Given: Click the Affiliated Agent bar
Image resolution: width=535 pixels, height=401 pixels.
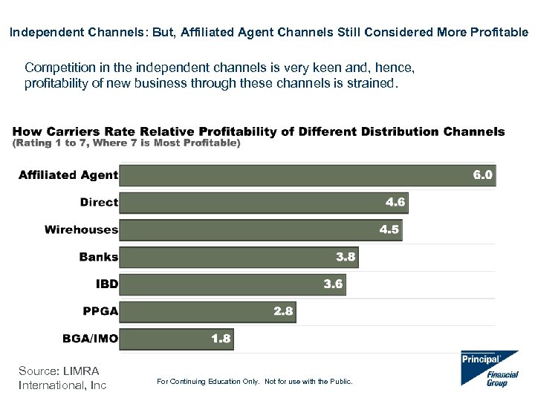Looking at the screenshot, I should [297, 175].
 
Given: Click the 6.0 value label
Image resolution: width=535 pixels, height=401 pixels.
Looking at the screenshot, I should [483, 175].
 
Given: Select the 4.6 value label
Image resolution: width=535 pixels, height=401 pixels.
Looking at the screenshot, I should [395, 202].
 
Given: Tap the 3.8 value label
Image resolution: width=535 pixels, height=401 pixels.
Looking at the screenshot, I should [346, 257].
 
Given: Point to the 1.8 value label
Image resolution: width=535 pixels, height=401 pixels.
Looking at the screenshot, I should [221, 339].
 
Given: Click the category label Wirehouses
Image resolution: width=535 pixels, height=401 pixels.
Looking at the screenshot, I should [81, 229].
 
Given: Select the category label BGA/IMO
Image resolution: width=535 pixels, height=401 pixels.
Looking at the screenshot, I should [90, 339].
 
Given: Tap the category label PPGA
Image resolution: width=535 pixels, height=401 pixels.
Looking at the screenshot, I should [100, 311].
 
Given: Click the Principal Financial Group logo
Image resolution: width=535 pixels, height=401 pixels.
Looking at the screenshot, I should [489, 368].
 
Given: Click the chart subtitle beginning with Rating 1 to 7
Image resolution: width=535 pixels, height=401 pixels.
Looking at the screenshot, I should [126, 143].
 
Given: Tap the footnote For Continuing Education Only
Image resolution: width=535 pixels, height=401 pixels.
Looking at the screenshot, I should [255, 382].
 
